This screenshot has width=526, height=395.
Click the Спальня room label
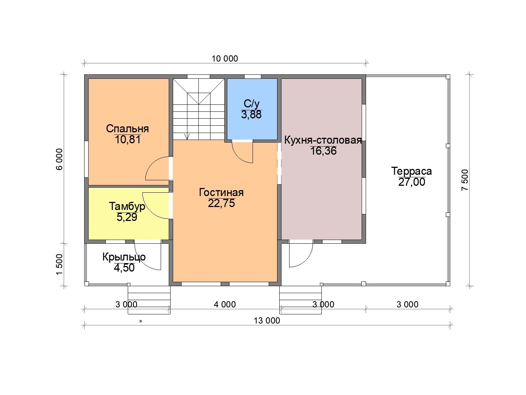[x=127, y=129]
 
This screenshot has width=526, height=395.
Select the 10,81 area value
[x=128, y=140]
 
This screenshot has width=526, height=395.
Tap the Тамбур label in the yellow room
[x=127, y=207]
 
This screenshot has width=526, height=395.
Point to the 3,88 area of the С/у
[x=251, y=114]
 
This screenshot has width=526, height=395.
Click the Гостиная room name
[x=221, y=192]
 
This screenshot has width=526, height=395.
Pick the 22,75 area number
[x=221, y=203]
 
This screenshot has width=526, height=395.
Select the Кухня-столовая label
[x=323, y=140]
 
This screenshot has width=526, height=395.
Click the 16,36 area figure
[x=323, y=151]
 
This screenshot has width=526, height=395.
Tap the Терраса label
[x=411, y=171]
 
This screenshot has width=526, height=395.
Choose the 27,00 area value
[x=412, y=182]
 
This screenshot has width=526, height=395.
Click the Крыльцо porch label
[x=124, y=257]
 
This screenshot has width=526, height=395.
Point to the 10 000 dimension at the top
[x=224, y=59]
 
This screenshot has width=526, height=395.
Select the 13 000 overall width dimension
[x=267, y=321]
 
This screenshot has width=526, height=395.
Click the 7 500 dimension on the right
[x=465, y=180]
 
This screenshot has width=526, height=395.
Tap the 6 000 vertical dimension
[x=59, y=159]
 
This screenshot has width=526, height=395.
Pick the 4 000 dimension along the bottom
[x=224, y=304]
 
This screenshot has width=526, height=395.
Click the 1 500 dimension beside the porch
[x=59, y=264]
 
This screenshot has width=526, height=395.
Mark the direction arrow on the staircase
[x=187, y=136]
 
